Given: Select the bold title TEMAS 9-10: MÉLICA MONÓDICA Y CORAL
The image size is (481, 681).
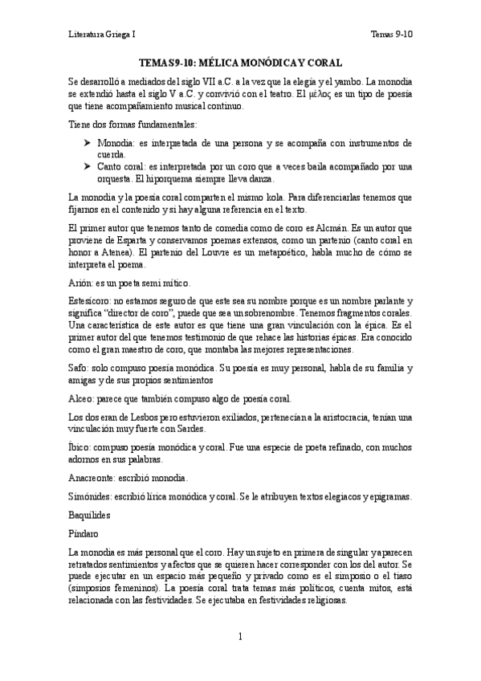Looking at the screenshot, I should [240, 62].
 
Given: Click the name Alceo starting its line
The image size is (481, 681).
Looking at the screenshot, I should [82, 398].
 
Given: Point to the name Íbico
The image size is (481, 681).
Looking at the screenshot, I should [80, 446].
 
